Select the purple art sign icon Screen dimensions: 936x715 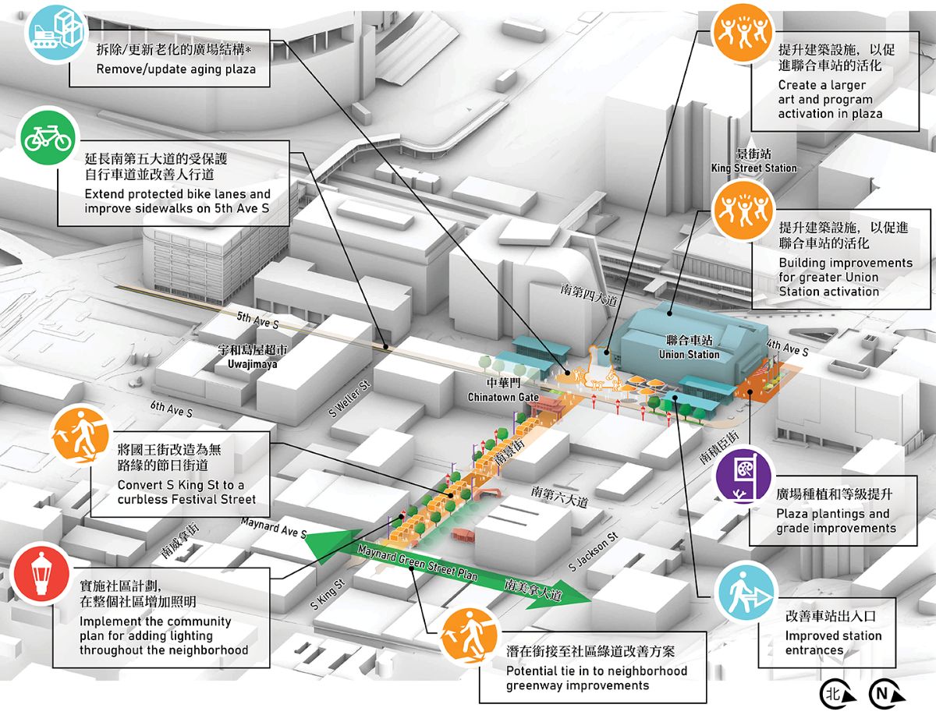tap(745, 474)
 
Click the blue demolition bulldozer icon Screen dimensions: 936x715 tap(56, 31)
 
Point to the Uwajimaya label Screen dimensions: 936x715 tap(252, 364)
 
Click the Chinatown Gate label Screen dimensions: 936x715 tap(503, 397)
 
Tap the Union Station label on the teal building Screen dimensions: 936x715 tap(689, 354)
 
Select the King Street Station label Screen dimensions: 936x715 tap(753, 168)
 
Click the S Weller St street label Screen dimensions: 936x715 tap(349, 399)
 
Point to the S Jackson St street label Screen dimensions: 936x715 tap(593, 551)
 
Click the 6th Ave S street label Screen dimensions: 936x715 tap(171, 409)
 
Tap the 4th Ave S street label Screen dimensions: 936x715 tap(787, 347)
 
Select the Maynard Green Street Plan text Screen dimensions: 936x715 tap(417, 563)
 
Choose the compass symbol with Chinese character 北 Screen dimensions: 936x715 tap(838, 694)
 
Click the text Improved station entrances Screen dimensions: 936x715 tap(833, 643)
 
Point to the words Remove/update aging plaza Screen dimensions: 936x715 tap(176, 69)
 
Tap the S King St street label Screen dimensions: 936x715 tap(327, 594)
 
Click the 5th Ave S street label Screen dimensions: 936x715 tap(257, 320)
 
